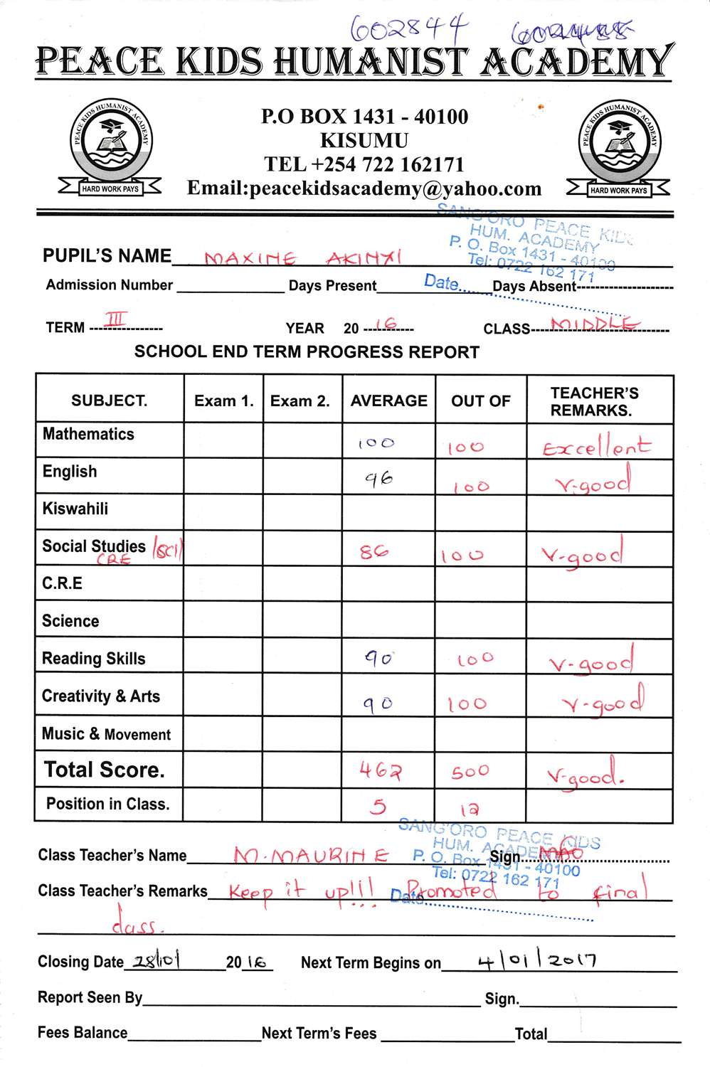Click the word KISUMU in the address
point(364,140)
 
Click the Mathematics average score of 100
point(376,443)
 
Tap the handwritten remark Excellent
point(596,447)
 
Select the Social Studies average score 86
point(374,551)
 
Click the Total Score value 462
point(380,770)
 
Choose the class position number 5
point(378,806)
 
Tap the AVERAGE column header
point(388,400)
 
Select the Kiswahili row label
point(75,509)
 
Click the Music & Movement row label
point(106,734)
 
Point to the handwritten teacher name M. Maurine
point(311,856)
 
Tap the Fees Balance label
point(83,1032)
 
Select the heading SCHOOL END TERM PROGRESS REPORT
point(307,352)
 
